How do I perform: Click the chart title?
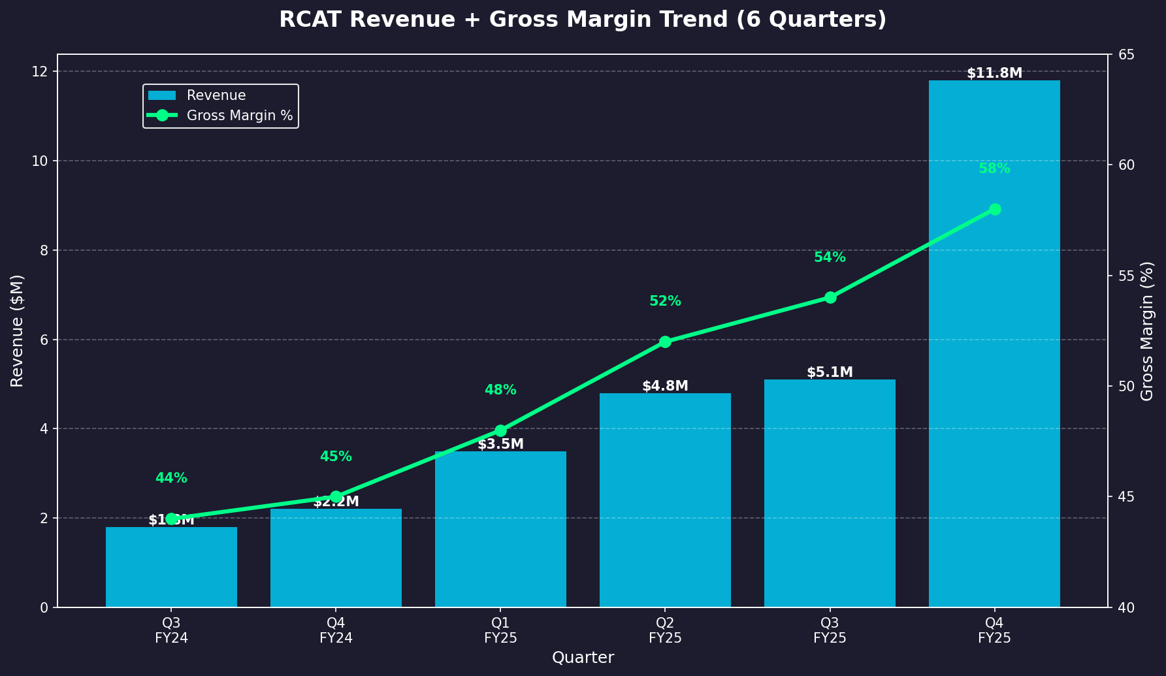click(x=583, y=20)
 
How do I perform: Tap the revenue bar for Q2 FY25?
click(x=665, y=509)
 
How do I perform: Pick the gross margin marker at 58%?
click(x=995, y=210)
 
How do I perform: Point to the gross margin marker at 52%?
click(x=665, y=342)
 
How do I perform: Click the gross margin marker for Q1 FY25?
click(x=500, y=430)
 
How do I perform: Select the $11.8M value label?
click(x=994, y=73)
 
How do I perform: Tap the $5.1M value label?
click(x=830, y=372)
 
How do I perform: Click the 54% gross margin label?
click(x=830, y=257)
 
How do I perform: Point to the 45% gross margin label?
click(x=336, y=457)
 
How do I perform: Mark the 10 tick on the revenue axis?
click(x=44, y=161)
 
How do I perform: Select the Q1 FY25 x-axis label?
click(x=500, y=631)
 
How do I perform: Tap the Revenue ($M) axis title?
click(x=18, y=330)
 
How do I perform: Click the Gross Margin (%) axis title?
click(x=1147, y=330)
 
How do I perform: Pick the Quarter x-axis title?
click(x=583, y=658)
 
